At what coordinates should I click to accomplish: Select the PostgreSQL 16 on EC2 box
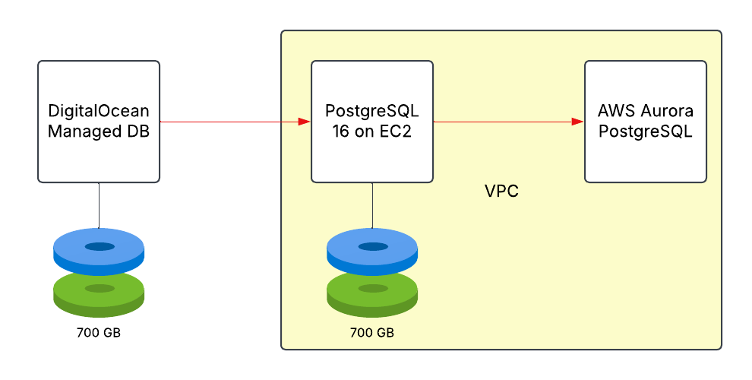pyautogui.click(x=372, y=160)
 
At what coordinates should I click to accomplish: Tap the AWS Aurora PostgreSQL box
pyautogui.click(x=646, y=160)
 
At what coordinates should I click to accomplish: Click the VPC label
pyautogui.click(x=501, y=191)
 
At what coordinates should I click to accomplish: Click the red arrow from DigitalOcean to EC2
pyautogui.click(x=228, y=122)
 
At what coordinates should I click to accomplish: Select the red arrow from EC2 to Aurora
pyautogui.click(x=501, y=122)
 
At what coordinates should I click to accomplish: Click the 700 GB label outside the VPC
pyautogui.click(x=99, y=333)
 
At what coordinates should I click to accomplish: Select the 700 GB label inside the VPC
pyautogui.click(x=372, y=333)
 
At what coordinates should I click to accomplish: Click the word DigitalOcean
pyautogui.click(x=99, y=112)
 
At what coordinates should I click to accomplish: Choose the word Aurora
pyautogui.click(x=666, y=112)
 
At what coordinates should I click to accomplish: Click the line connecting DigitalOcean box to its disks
pyautogui.click(x=99, y=205)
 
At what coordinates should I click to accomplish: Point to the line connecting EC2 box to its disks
pyautogui.click(x=372, y=205)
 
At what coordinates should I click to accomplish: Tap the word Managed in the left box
pyautogui.click(x=81, y=131)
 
